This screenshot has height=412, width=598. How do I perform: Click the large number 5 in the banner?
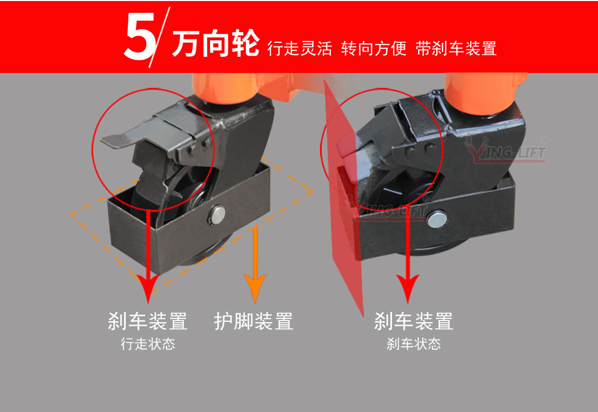140,37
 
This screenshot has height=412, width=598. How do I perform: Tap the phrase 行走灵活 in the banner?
300,49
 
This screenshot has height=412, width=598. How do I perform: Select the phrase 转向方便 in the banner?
374,49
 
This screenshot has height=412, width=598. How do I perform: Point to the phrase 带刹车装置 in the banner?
456,49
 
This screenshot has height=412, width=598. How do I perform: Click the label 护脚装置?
254,322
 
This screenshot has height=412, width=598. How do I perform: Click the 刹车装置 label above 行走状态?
148,322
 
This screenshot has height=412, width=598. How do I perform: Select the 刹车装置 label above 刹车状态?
413,322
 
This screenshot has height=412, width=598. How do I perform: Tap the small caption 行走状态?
148,344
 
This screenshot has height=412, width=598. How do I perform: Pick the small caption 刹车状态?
413,344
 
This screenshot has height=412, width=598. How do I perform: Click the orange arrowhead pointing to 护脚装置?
255,289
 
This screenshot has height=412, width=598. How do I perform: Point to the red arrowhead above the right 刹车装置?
408,289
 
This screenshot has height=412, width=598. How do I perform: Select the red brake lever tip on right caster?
343,149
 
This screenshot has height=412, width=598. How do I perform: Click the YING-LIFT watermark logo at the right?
506,152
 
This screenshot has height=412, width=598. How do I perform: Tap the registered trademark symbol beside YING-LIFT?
544,139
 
